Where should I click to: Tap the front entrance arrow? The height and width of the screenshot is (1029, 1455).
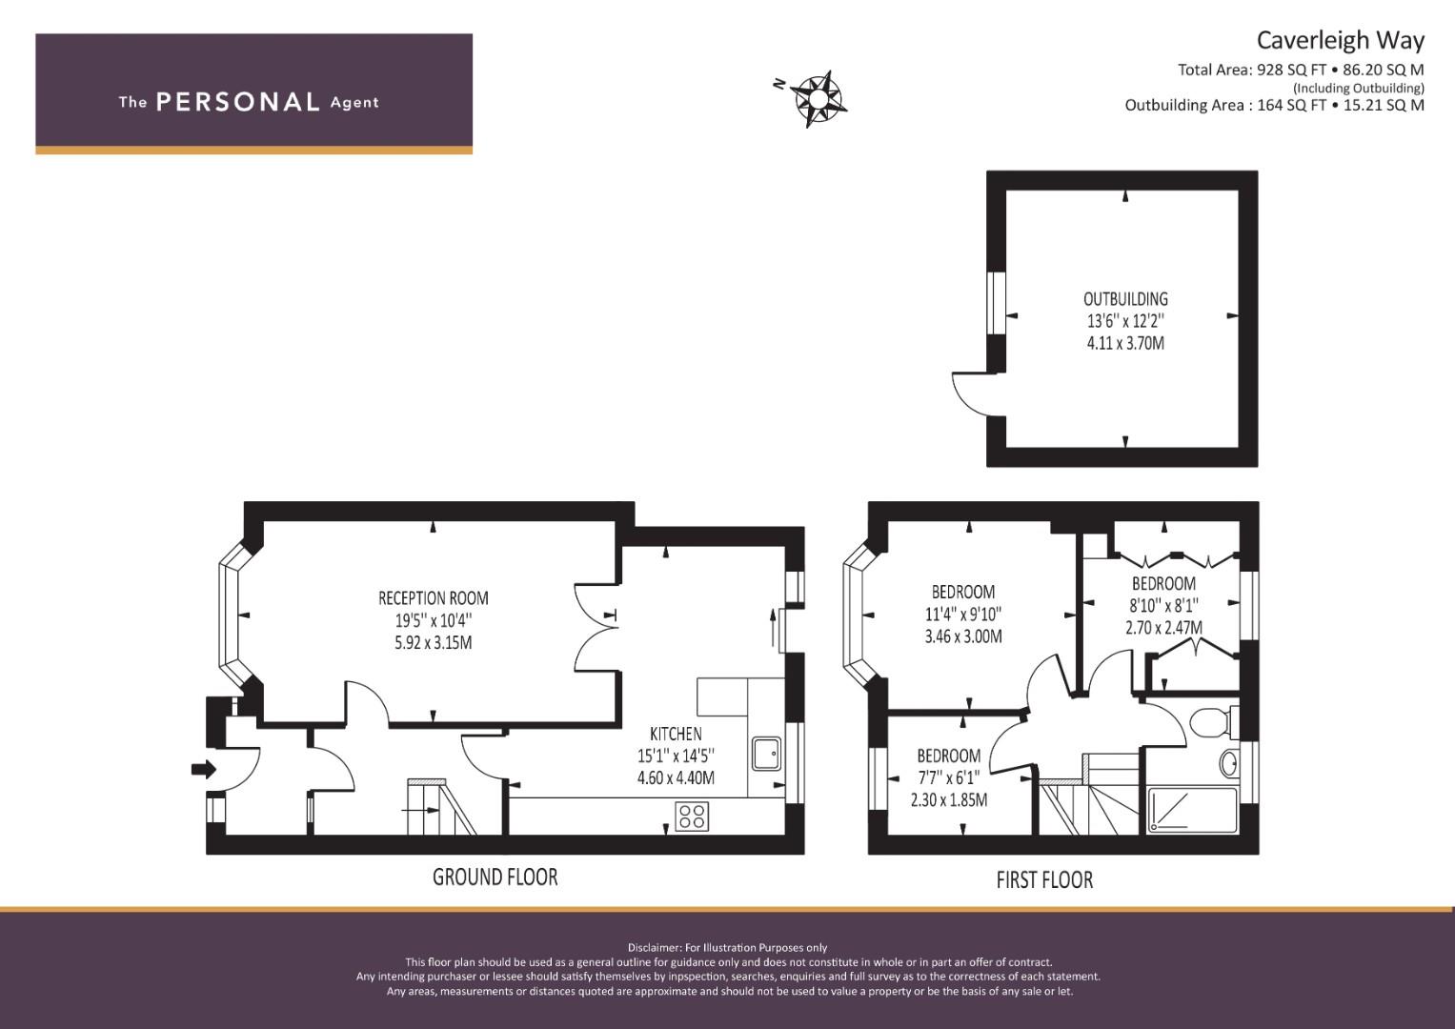click(x=203, y=769)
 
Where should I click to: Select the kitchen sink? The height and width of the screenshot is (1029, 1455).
click(x=766, y=754)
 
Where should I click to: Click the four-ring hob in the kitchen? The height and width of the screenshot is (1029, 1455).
click(x=692, y=817)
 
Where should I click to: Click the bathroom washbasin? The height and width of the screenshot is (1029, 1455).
click(x=1229, y=764)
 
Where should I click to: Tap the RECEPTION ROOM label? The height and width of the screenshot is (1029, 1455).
click(x=434, y=597)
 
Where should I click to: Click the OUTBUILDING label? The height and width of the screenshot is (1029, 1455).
click(x=1125, y=299)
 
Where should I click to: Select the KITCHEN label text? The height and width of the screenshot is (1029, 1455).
click(x=676, y=734)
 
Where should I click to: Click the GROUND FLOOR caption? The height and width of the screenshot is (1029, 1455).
click(x=495, y=877)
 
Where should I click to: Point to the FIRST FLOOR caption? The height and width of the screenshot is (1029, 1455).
click(x=1044, y=880)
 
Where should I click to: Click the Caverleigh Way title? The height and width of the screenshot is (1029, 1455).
click(x=1341, y=41)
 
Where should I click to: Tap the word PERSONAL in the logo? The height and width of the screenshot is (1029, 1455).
click(x=238, y=102)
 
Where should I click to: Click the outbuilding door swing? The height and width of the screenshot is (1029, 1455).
click(x=973, y=393)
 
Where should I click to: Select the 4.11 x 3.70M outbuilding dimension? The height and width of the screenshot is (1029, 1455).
click(x=1125, y=343)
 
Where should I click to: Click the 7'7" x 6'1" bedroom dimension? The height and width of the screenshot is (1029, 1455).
click(x=949, y=777)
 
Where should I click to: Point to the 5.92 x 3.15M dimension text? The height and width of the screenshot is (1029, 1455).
click(x=434, y=642)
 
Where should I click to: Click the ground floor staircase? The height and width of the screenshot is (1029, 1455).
click(x=442, y=807)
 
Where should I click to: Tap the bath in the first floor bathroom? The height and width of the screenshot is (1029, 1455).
click(x=1193, y=810)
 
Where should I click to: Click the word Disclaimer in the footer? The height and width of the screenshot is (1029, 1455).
click(x=654, y=948)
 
